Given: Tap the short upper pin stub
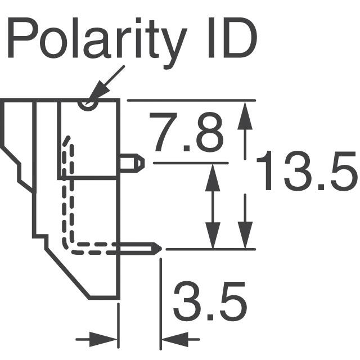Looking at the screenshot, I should point(133,163).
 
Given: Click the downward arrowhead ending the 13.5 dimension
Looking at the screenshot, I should point(245,236).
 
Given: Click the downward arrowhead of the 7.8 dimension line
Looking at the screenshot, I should point(213,236).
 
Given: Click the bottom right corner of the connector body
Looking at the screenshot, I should point(118,298).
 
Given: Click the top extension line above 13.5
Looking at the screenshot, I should point(191,100).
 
